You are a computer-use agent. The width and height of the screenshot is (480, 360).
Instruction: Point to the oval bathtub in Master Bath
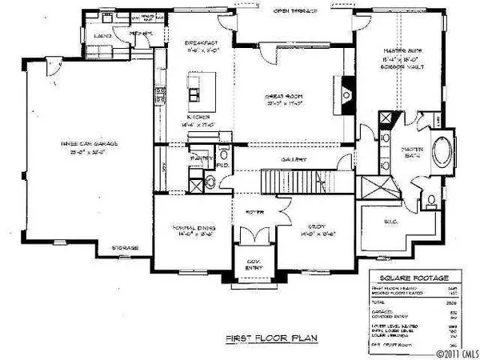pyautogui.click(x=441, y=154)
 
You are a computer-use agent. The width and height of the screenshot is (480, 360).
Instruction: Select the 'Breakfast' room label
pyautogui.click(x=203, y=42)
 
